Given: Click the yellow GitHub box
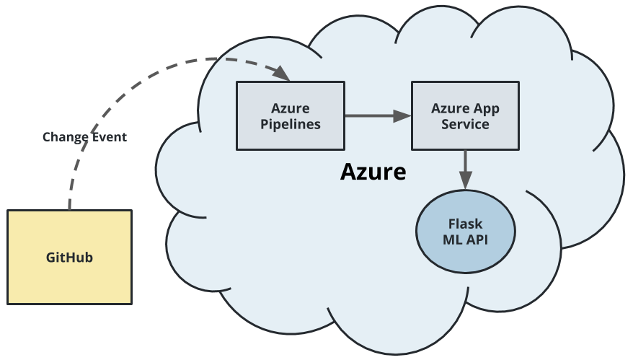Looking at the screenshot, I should click(x=69, y=257).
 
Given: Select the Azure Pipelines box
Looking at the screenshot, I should click(x=290, y=115).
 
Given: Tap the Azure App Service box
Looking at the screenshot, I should click(x=465, y=115).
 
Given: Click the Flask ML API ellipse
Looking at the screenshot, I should click(x=465, y=232).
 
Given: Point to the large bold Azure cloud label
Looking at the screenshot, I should click(x=373, y=172).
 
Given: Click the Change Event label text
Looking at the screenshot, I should click(x=84, y=136).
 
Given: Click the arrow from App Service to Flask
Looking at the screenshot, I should click(x=465, y=170).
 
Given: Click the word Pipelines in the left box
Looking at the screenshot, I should click(x=290, y=123).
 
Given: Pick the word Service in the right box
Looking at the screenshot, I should click(x=465, y=123).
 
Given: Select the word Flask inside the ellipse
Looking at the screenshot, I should click(x=465, y=224).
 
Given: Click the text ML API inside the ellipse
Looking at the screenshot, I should click(x=465, y=240).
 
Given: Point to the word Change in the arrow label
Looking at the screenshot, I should click(x=65, y=136).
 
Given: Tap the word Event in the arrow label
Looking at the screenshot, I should click(x=108, y=136).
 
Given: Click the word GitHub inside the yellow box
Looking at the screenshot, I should click(x=69, y=257).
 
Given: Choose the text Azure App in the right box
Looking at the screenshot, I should click(x=465, y=108).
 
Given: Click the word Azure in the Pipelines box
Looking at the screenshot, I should click(x=290, y=108).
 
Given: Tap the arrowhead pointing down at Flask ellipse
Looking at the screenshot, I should click(x=465, y=185).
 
